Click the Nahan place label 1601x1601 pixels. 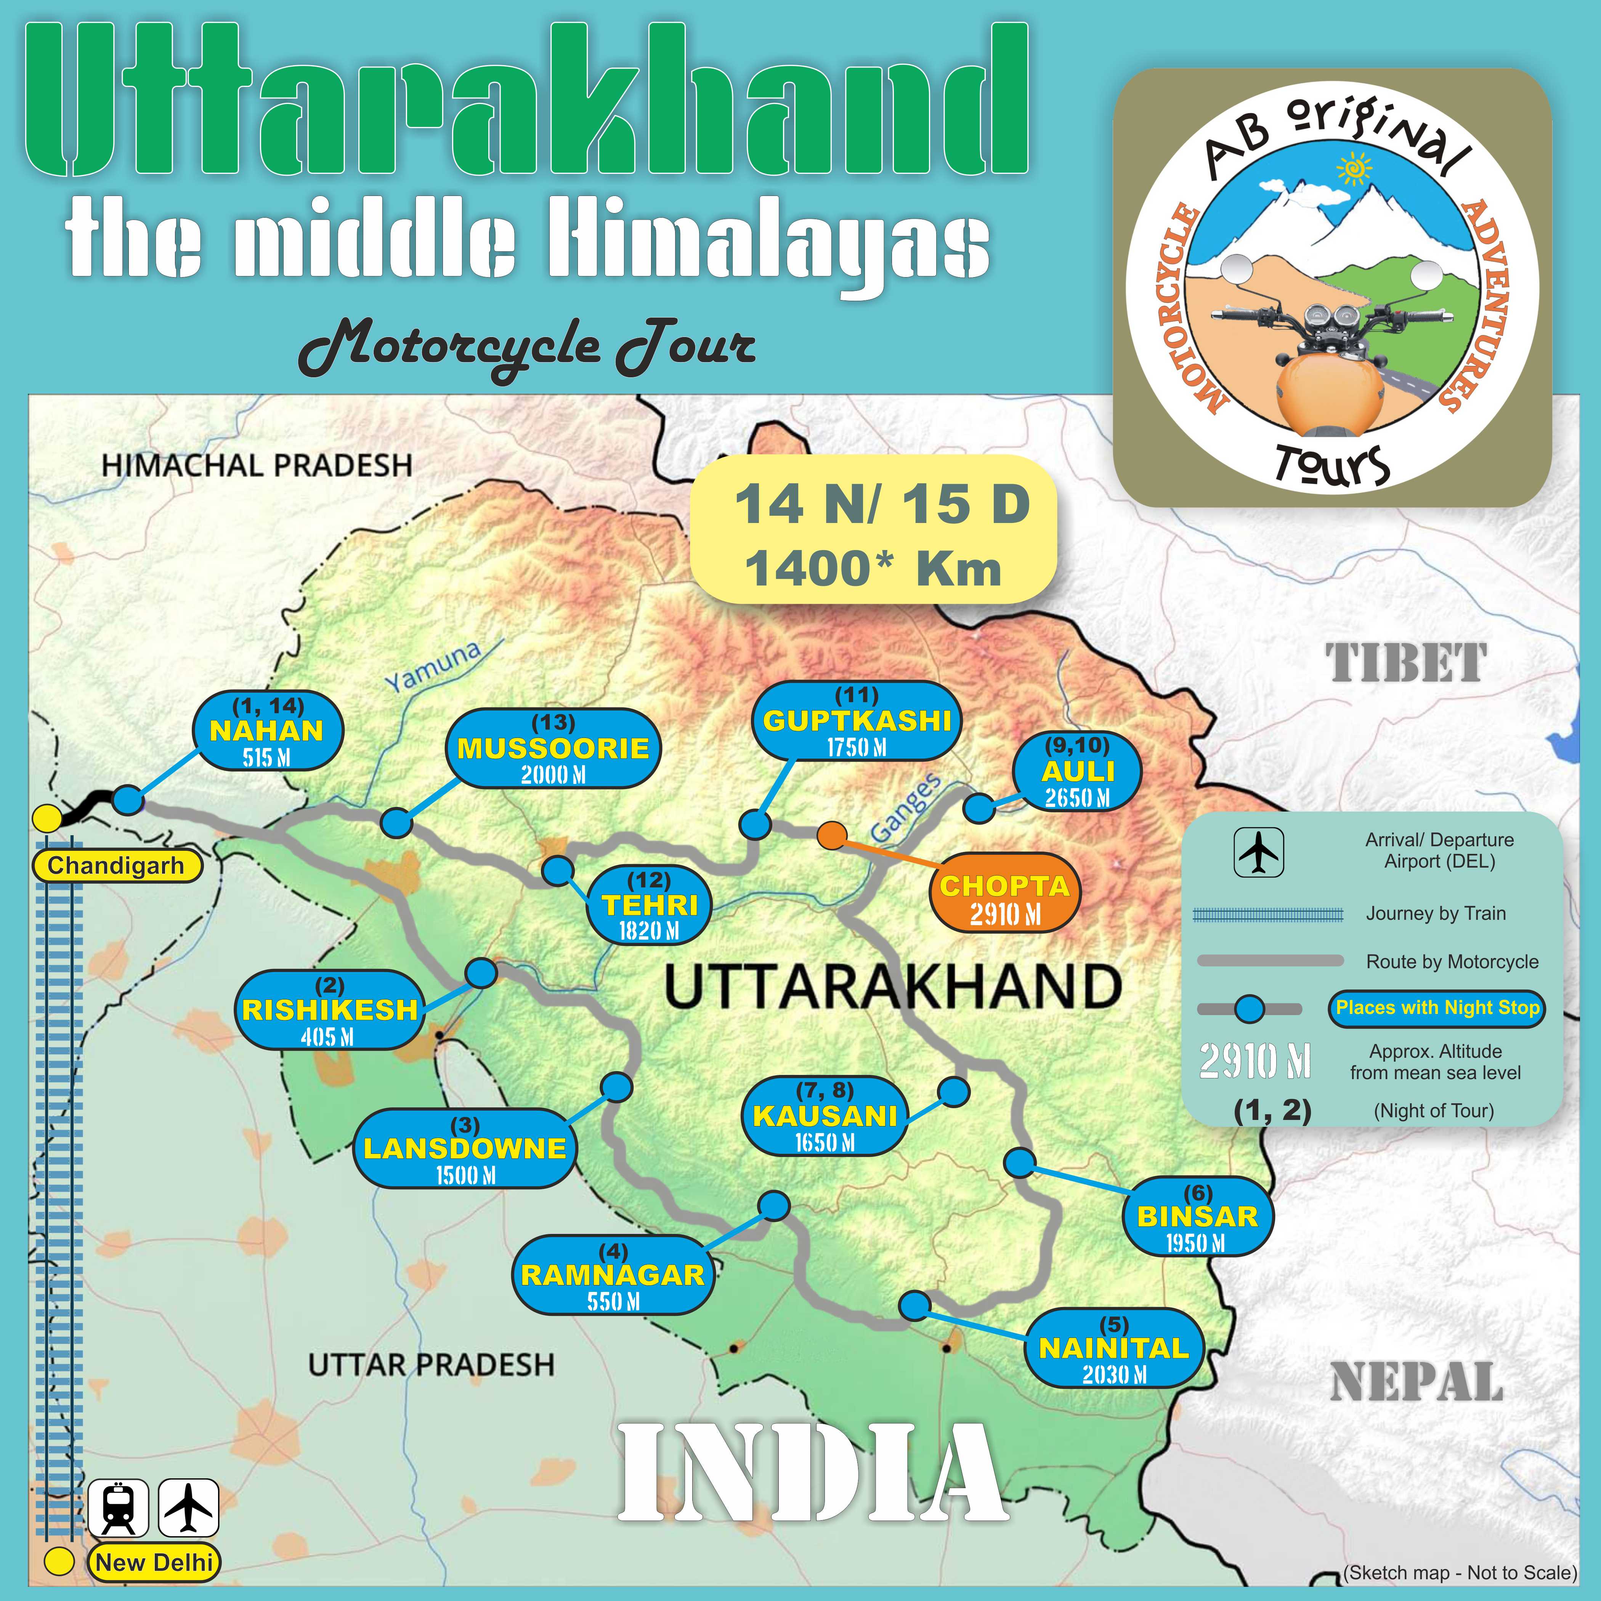point(267,731)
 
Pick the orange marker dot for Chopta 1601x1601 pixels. point(831,835)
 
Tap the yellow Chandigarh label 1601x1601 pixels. point(116,866)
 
